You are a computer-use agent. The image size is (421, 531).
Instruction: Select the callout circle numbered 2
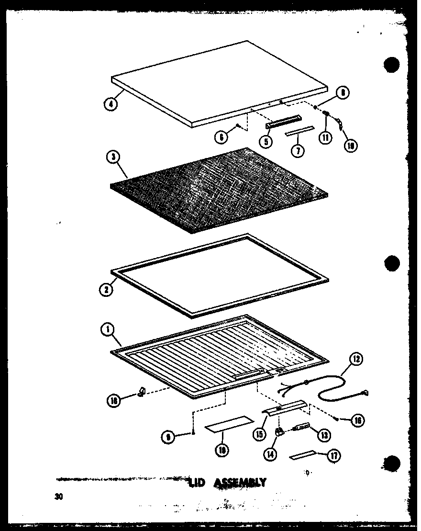(x=107, y=290)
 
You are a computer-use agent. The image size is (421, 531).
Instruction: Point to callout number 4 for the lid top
(x=111, y=104)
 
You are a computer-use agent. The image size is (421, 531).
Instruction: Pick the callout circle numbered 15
(x=260, y=434)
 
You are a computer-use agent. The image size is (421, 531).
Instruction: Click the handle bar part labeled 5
(x=283, y=122)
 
